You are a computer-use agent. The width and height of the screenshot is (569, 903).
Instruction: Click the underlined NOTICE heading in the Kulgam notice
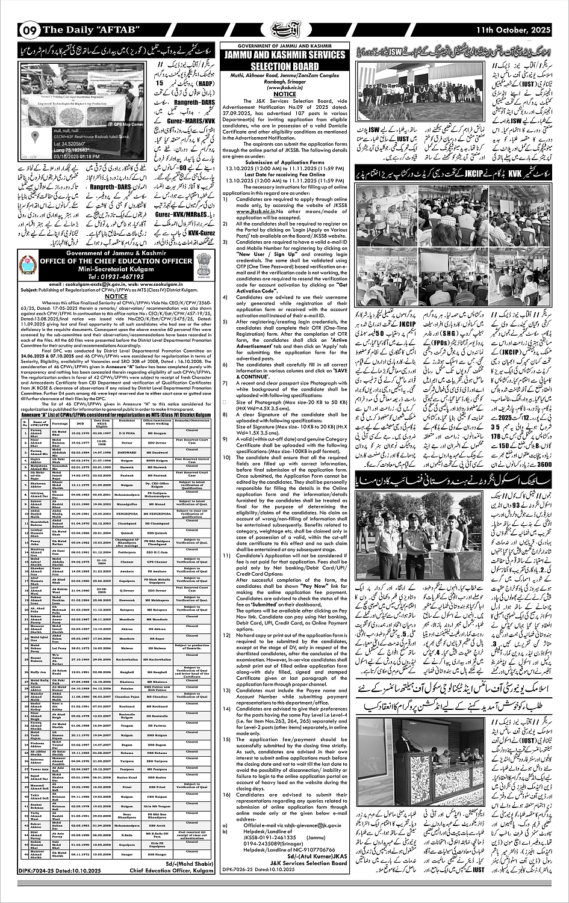click(x=116, y=296)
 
